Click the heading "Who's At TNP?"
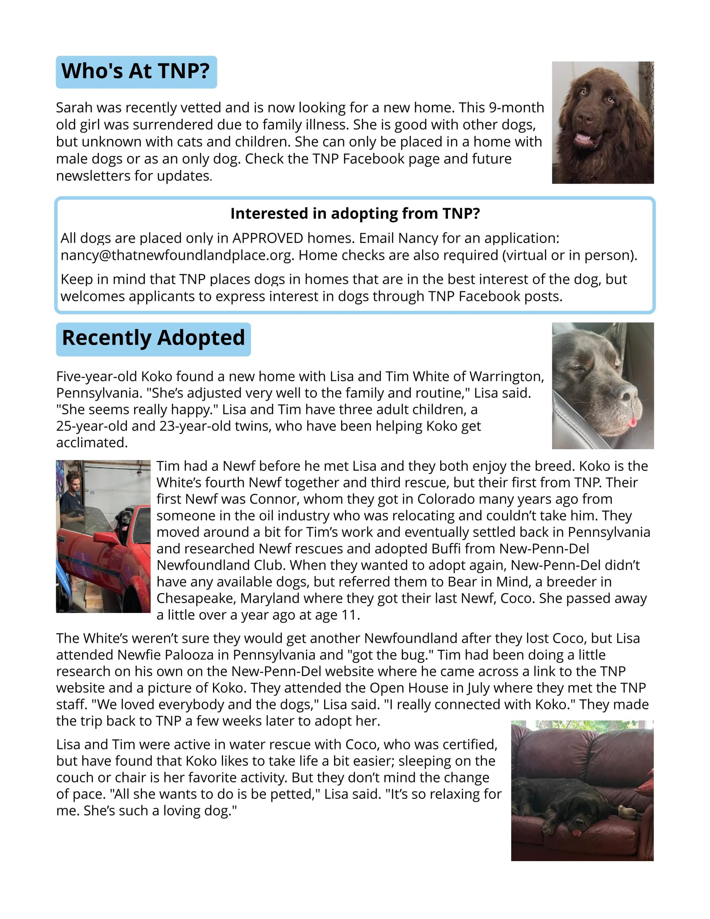click(x=136, y=71)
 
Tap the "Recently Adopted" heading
click(x=153, y=339)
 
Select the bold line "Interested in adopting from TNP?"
click(x=355, y=214)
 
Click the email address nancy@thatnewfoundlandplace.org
click(x=177, y=255)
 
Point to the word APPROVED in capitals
click(x=268, y=238)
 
